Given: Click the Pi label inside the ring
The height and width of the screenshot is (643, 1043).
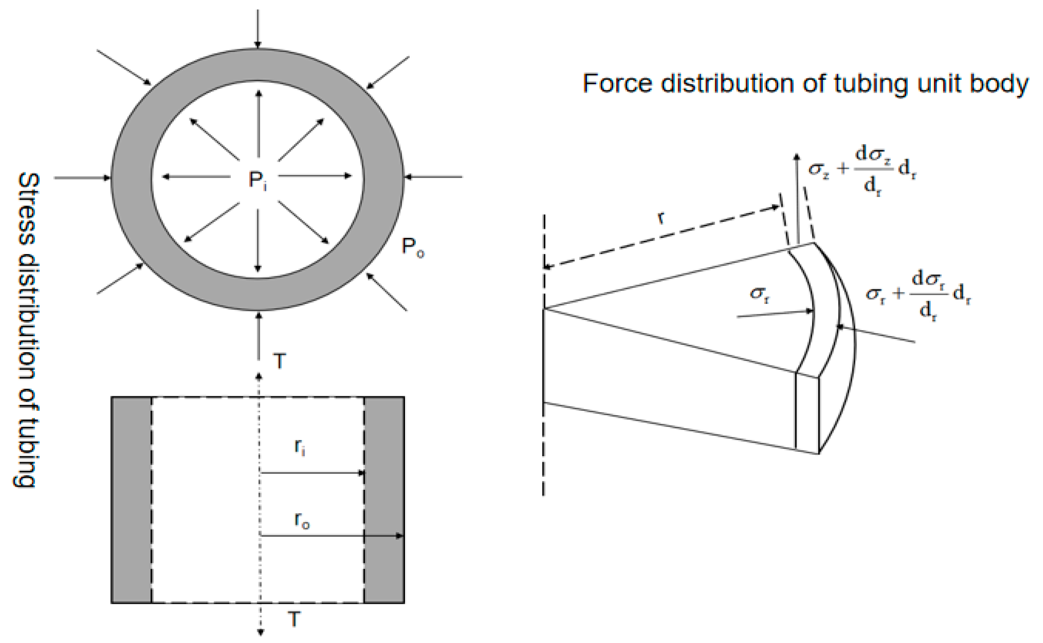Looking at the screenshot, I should pos(257,180).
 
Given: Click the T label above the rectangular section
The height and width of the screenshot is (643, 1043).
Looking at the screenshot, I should pos(279,361).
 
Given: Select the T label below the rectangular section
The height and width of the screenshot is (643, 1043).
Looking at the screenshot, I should pos(294,619).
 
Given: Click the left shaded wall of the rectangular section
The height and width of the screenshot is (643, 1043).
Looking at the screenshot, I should pos(131,500).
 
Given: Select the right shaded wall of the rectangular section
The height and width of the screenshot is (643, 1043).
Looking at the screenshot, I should pos(384,500).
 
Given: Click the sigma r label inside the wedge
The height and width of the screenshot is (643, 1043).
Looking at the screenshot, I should pos(759,294).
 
